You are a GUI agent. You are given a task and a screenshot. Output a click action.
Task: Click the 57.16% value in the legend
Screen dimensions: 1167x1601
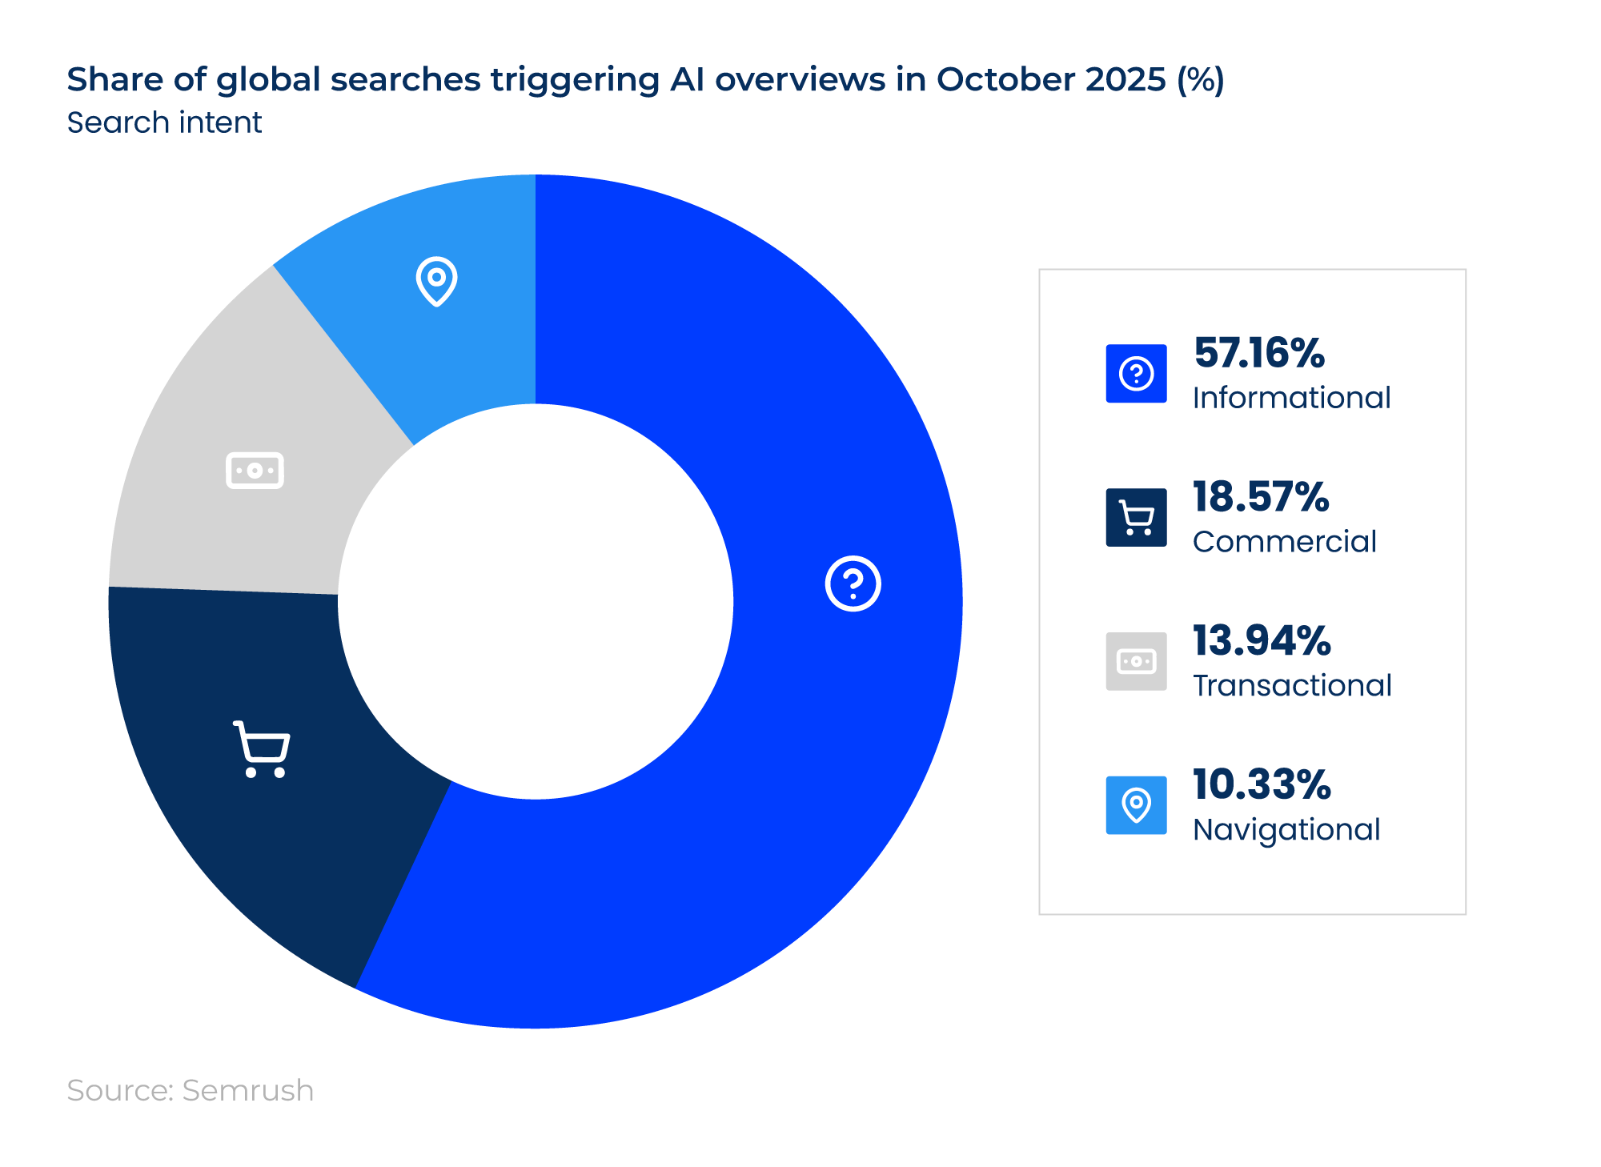click(x=1258, y=353)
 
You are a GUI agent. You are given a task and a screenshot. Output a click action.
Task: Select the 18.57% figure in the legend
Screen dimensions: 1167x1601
click(x=1260, y=497)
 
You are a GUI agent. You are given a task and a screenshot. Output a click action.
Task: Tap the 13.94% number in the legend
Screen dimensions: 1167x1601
click(x=1261, y=641)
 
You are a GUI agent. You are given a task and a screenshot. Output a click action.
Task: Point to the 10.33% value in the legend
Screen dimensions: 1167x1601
click(x=1261, y=784)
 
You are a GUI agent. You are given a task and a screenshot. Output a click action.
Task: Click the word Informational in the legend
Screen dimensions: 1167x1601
click(x=1291, y=398)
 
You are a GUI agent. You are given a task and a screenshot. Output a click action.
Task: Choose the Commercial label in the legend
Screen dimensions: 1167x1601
click(x=1284, y=542)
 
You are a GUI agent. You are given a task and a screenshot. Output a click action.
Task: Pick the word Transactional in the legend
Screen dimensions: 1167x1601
click(x=1292, y=686)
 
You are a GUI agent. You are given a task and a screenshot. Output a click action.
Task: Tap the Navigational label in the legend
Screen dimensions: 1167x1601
click(x=1286, y=830)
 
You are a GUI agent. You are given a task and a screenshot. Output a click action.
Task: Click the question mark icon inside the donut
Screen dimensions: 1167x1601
click(x=853, y=583)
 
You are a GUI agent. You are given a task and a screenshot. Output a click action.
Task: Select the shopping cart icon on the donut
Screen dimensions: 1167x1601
click(x=262, y=749)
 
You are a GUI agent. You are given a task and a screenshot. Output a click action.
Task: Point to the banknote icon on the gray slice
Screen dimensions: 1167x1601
click(x=255, y=471)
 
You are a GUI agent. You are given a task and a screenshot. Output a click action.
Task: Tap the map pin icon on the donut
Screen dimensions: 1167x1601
click(x=436, y=281)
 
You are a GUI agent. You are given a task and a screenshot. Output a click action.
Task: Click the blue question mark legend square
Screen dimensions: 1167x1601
click(x=1136, y=374)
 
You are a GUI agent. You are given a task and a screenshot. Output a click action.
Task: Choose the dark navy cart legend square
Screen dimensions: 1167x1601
click(x=1136, y=518)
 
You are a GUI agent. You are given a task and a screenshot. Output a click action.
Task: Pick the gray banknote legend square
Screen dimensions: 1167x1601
click(x=1136, y=662)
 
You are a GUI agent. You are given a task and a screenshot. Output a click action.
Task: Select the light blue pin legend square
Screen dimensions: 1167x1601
click(x=1136, y=805)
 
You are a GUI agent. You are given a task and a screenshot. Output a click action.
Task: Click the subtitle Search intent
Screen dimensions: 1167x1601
click(x=164, y=122)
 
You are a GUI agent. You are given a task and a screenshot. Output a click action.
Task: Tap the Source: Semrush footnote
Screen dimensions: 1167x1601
click(x=190, y=1090)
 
